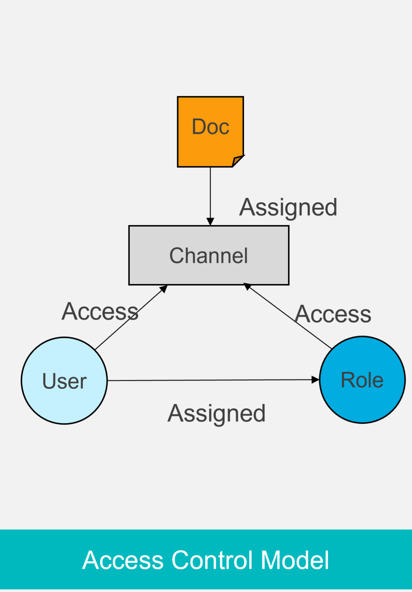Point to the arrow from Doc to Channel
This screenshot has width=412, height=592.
(210, 194)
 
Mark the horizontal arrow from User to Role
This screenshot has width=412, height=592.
(212, 380)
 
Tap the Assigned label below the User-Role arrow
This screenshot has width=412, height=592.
(216, 414)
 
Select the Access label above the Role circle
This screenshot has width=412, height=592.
(333, 314)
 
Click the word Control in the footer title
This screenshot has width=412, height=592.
(212, 560)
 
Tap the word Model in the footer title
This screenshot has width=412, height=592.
(295, 560)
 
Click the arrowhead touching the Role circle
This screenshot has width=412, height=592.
(316, 380)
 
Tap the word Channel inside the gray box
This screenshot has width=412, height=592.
(208, 256)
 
